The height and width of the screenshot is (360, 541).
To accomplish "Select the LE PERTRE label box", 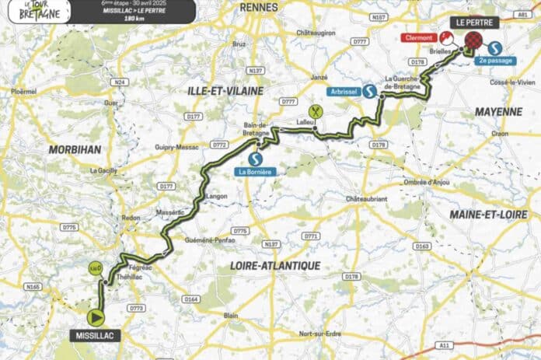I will [x=473, y=23].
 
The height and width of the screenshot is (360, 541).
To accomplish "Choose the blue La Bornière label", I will [x=255, y=171].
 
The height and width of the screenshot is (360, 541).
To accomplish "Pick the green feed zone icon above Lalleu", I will [x=315, y=111].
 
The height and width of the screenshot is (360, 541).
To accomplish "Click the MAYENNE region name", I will [x=499, y=112].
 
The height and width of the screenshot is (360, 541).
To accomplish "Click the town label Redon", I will [x=131, y=218].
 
